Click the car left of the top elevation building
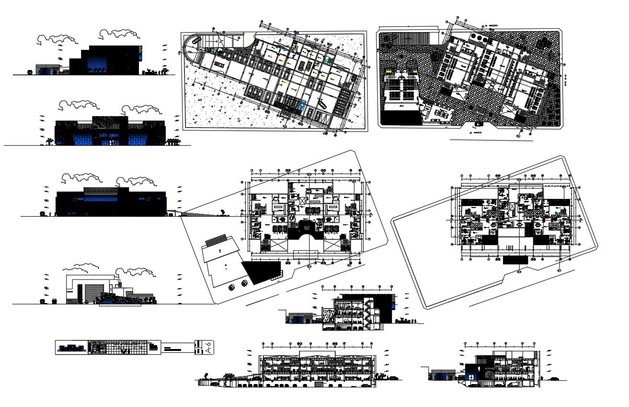pos(30,72)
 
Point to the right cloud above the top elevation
pos(116,33)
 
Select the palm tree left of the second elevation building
pos(49,141)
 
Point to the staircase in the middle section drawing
pos(368,314)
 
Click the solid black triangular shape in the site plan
pos(259,271)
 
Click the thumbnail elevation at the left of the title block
pos(71,348)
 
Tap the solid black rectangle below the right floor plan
pos(515,259)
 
